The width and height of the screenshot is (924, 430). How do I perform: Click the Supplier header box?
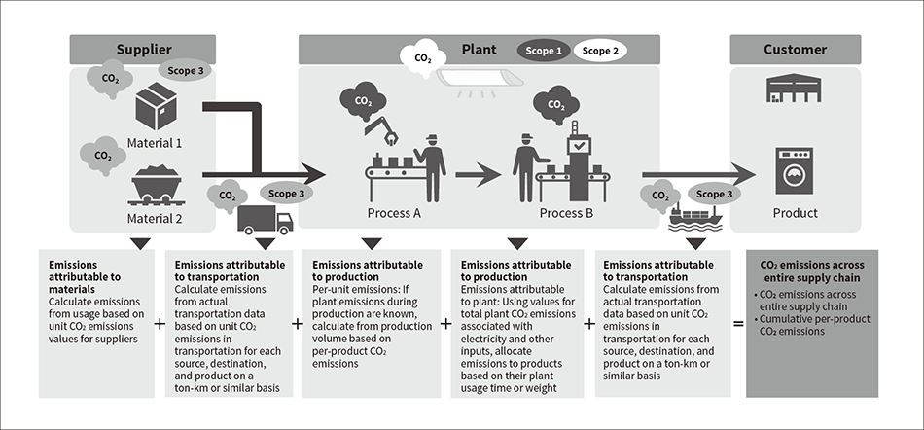point(143,50)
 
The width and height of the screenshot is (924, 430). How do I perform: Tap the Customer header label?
point(795,50)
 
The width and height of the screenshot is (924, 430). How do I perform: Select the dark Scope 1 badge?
point(543,50)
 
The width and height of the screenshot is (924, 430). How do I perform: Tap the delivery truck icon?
point(265,220)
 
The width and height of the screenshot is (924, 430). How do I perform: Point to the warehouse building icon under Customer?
point(795,90)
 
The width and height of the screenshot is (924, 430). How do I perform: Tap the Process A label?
point(395,213)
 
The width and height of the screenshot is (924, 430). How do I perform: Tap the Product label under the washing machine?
point(795,213)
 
